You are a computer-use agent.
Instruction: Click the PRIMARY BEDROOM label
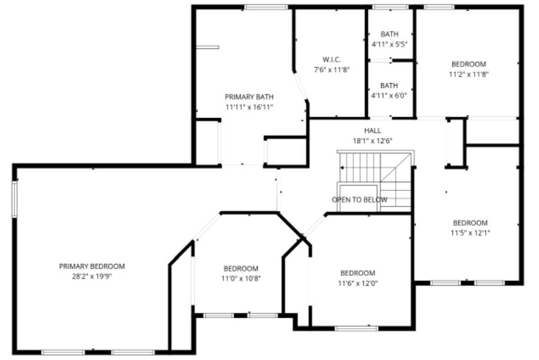click(x=92, y=266)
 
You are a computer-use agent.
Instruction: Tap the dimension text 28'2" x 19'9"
click(x=92, y=276)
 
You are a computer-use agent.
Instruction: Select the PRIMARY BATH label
click(x=249, y=97)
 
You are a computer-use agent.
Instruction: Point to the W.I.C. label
click(x=332, y=60)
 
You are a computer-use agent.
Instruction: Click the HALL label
click(x=372, y=131)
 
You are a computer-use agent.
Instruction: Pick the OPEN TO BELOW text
click(x=360, y=200)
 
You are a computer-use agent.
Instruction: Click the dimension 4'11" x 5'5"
click(x=389, y=44)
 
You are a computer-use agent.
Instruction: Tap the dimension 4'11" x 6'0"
click(x=389, y=95)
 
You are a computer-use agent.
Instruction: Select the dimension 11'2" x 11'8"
click(x=469, y=74)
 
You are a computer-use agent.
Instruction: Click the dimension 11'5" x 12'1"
click(x=470, y=233)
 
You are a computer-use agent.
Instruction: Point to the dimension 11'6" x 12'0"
click(x=357, y=283)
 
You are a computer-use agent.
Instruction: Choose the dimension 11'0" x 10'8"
click(x=241, y=278)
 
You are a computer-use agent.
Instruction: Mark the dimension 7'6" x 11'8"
click(x=332, y=70)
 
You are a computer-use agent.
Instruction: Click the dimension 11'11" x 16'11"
click(x=249, y=107)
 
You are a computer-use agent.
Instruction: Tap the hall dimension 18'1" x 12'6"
click(x=372, y=141)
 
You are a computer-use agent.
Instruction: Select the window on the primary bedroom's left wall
click(x=15, y=199)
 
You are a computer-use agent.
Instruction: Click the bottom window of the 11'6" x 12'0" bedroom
click(x=356, y=328)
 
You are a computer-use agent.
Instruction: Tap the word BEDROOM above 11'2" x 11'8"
click(x=469, y=64)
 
